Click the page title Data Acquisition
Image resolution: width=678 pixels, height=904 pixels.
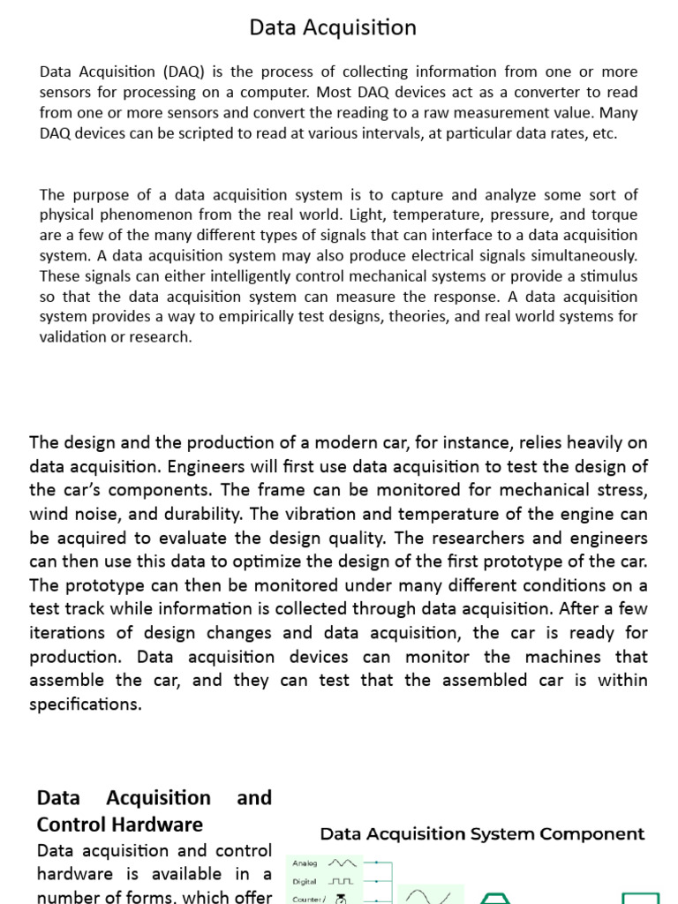pyautogui.click(x=333, y=28)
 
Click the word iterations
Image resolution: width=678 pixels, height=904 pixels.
pyautogui.click(x=70, y=633)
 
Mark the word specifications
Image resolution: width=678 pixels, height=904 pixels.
pyautogui.click(x=85, y=704)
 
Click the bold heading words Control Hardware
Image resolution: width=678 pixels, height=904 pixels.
pyautogui.click(x=119, y=824)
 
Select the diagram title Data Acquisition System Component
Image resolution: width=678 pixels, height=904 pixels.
pyautogui.click(x=482, y=834)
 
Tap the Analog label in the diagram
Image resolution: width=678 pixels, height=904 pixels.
pyautogui.click(x=305, y=863)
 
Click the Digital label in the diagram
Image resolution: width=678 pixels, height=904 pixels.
pyautogui.click(x=304, y=881)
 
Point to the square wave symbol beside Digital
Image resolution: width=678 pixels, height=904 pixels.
pyautogui.click(x=341, y=881)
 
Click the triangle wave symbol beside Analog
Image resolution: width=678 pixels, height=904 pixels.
pyautogui.click(x=342, y=863)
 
